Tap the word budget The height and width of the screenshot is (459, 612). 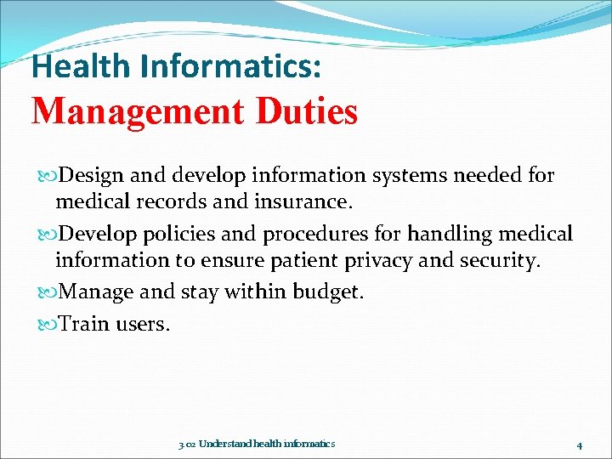(x=327, y=292)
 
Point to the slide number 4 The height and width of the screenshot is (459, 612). (x=578, y=445)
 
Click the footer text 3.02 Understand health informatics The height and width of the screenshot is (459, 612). (x=257, y=444)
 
